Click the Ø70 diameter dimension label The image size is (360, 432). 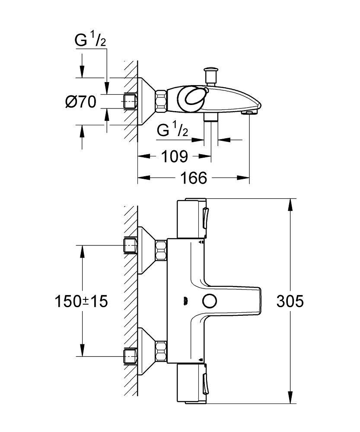pos(80,102)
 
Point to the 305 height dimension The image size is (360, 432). pos(290,301)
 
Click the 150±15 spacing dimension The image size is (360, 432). pos(80,301)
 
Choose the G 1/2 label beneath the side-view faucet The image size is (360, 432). pos(172,130)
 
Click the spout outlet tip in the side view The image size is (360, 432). pos(250,112)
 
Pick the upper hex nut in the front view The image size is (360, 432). pos(161,251)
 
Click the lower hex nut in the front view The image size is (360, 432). pos(161,351)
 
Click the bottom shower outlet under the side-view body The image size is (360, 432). pos(211,118)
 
